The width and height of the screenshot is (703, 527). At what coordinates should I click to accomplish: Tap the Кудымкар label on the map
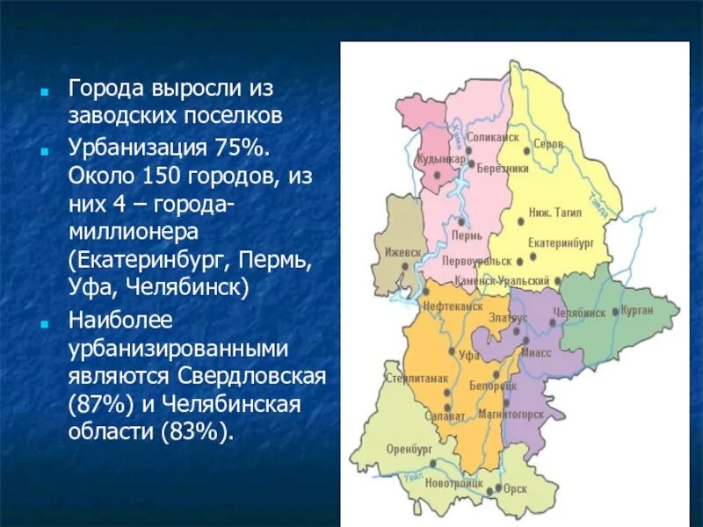point(440,159)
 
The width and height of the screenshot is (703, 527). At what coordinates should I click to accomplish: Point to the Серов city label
point(548,144)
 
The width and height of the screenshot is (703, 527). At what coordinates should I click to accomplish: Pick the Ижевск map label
point(402,251)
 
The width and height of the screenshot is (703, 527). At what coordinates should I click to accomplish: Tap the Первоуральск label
point(476,262)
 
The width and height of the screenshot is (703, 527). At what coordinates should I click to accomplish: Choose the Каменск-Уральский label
point(503,281)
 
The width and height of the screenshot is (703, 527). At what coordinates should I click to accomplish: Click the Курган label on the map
point(636,311)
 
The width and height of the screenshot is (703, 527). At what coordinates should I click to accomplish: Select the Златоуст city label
point(508,318)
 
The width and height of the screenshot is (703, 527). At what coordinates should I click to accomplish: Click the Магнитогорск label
point(511,414)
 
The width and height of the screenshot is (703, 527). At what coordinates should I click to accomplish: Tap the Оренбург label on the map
point(409,448)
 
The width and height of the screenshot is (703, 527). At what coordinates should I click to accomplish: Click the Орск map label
point(516,488)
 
